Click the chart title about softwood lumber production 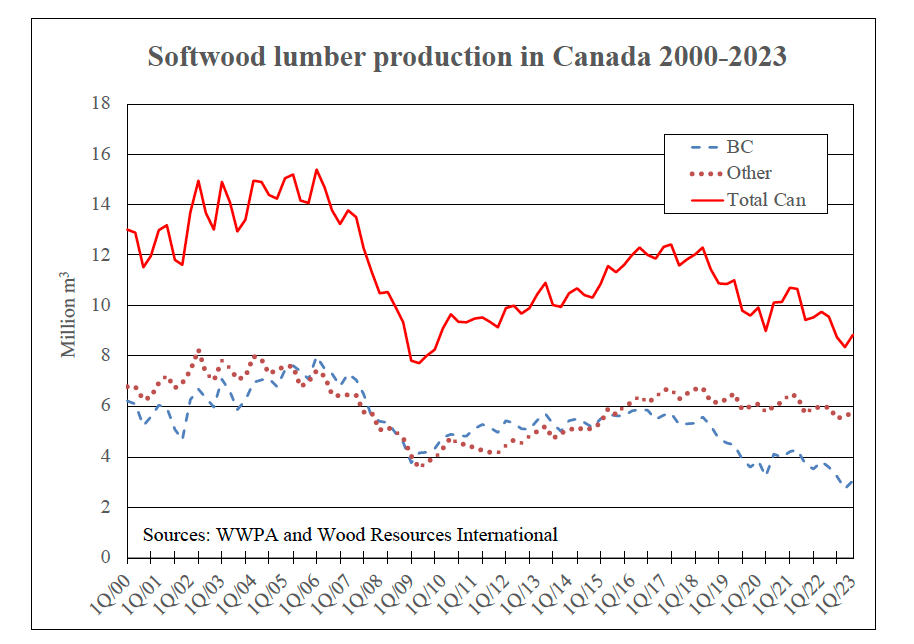pos(467,57)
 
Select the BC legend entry pos(740,147)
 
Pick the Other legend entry pos(749,173)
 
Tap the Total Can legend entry pos(766,200)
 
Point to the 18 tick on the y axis pos(101,103)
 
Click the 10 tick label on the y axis pos(101,305)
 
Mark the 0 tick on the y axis pos(105,558)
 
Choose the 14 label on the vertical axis pos(101,204)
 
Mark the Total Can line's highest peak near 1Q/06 pos(316,170)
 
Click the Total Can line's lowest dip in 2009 pos(418,363)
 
